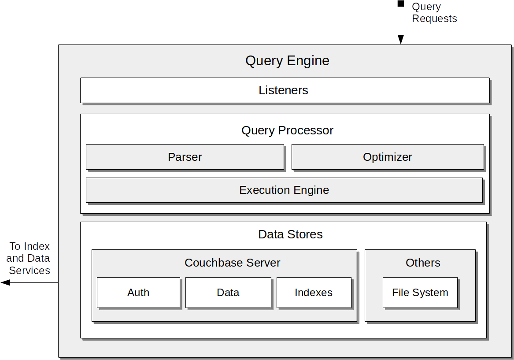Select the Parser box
(185, 157)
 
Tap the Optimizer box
(387, 157)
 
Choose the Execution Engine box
(284, 190)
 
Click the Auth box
(138, 293)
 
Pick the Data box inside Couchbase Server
(228, 293)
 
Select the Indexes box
(314, 293)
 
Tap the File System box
(420, 293)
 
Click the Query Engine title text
(287, 60)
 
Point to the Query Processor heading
(287, 130)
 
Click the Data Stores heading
(290, 234)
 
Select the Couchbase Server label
(232, 263)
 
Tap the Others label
(423, 263)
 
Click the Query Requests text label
(434, 13)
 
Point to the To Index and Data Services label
(29, 258)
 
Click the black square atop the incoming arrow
(401, 4)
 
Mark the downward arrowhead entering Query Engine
(401, 40)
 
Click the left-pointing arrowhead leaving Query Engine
(5, 282)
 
